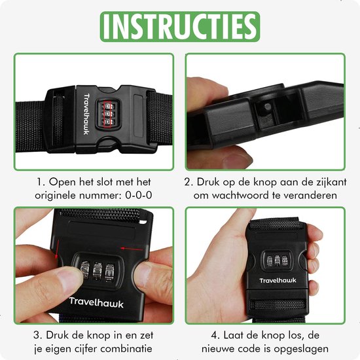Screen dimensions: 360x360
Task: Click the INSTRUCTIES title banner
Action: pyautogui.click(x=180, y=27)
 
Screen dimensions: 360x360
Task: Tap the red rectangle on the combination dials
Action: pyautogui.click(x=107, y=115)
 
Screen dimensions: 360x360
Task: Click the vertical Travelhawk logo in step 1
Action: pyautogui.click(x=86, y=114)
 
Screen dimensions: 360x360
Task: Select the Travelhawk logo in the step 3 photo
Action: pyautogui.click(x=96, y=302)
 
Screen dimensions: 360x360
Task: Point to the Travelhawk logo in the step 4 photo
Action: pyautogui.click(x=278, y=280)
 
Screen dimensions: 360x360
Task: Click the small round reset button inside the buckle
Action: pyautogui.click(x=268, y=106)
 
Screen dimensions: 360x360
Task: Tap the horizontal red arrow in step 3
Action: pyautogui.click(x=132, y=249)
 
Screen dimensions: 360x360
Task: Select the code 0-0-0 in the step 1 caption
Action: pyautogui.click(x=139, y=196)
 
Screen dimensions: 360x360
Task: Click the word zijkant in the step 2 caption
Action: pyautogui.click(x=331, y=182)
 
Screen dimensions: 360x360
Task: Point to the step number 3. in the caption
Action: pyautogui.click(x=38, y=335)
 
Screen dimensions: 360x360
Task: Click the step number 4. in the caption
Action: pyautogui.click(x=215, y=335)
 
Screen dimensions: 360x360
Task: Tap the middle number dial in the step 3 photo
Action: pyautogui.click(x=97, y=272)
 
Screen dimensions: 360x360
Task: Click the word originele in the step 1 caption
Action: pyautogui.click(x=55, y=196)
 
